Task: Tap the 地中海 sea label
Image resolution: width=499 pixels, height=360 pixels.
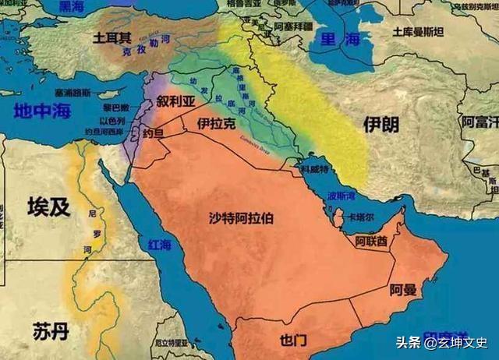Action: pos(40,111)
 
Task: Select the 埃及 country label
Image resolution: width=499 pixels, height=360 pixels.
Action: pos(49,206)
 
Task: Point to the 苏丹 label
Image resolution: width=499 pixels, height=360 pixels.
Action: pos(51,330)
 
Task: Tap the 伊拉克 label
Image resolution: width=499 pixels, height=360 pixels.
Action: pos(216,124)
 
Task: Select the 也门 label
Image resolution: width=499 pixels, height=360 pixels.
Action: pos(295,340)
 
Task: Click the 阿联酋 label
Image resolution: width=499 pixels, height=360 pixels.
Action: pos(371,242)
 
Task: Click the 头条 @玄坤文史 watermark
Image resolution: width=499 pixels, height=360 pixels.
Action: pos(447,341)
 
